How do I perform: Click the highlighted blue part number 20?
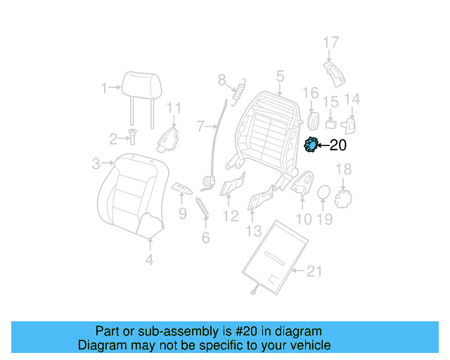click(309, 145)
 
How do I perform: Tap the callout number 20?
click(337, 146)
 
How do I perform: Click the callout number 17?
click(330, 42)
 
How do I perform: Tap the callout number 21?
click(315, 270)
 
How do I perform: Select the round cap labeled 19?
click(323, 192)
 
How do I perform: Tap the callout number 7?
click(200, 127)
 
